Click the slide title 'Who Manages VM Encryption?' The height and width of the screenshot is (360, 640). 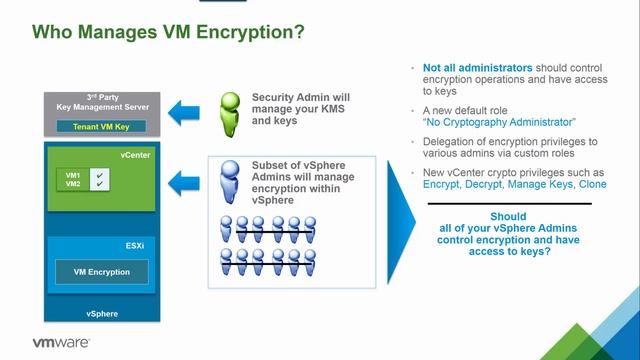tap(169, 34)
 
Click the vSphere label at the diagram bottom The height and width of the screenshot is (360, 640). tap(103, 313)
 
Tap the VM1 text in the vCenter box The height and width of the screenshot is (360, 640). tap(73, 175)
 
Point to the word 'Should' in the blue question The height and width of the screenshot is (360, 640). tap(509, 216)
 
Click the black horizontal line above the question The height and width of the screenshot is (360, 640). tap(509, 204)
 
